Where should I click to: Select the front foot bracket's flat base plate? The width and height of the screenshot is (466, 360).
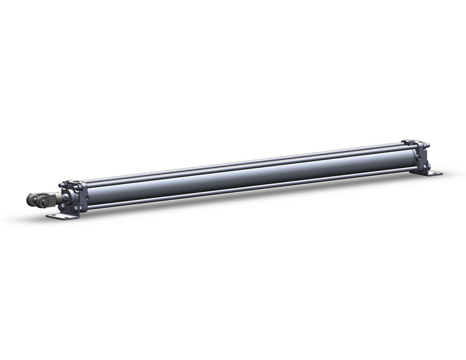61,216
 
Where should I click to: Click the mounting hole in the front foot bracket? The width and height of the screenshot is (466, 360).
55,216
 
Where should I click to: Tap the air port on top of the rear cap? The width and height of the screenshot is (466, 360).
411,143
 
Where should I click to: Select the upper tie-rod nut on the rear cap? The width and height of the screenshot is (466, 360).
427,146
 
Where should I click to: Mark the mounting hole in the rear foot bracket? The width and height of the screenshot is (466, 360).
435,174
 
